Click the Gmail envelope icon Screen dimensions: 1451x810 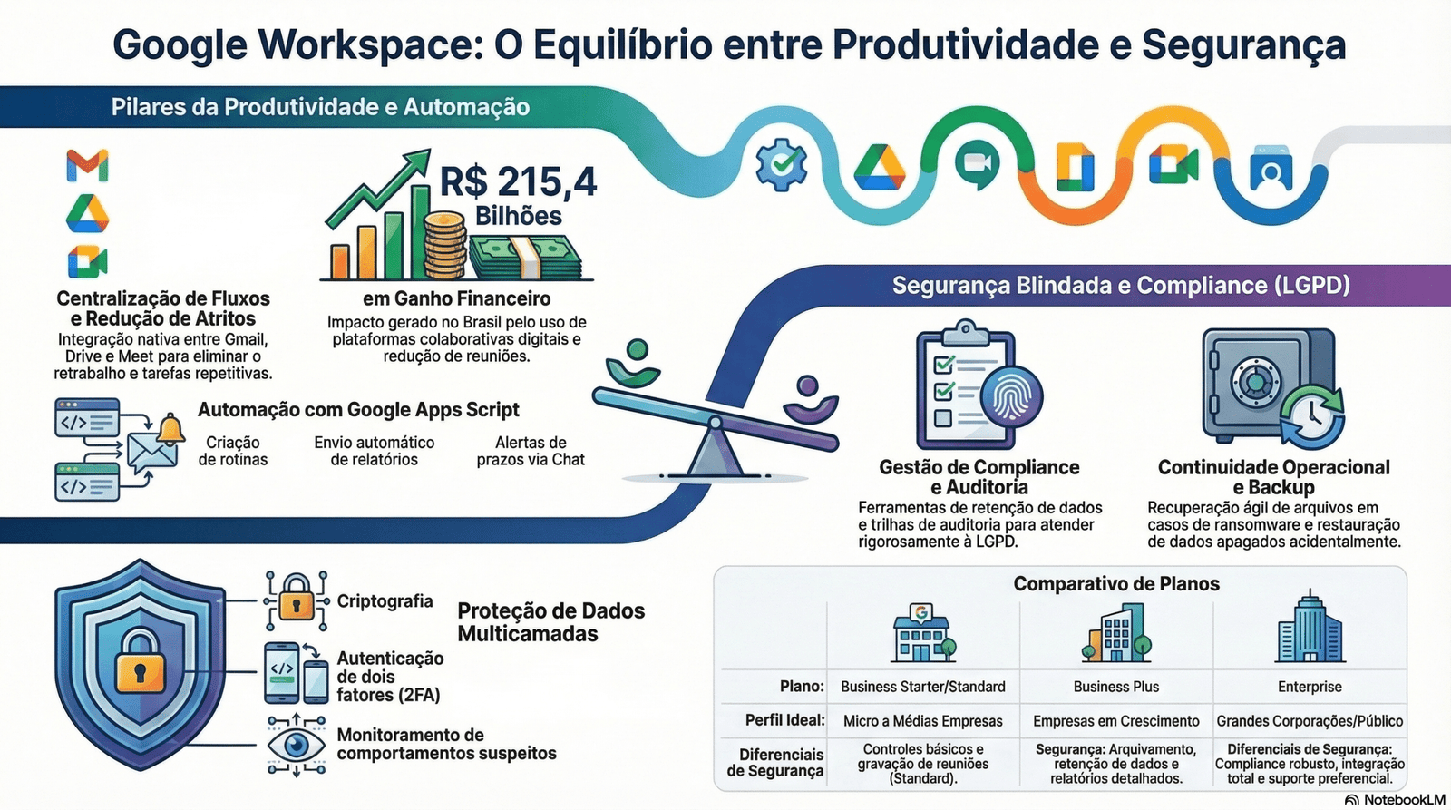(x=87, y=166)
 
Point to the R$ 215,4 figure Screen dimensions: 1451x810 (x=518, y=181)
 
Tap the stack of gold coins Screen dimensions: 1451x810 (x=444, y=246)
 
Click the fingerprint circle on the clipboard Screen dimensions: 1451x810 (x=1011, y=395)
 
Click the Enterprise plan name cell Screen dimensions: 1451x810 (x=1310, y=687)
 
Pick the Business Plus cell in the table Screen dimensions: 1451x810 (x=1116, y=687)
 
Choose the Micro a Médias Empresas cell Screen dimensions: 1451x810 (x=923, y=720)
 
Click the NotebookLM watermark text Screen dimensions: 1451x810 (x=1405, y=800)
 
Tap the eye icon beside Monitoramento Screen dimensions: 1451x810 (x=297, y=745)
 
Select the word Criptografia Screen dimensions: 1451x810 (x=385, y=601)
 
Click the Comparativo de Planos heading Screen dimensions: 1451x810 (x=1116, y=584)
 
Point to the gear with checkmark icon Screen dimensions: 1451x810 (x=782, y=164)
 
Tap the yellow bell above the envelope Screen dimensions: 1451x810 (x=171, y=430)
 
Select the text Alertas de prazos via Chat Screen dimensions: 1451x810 (x=531, y=451)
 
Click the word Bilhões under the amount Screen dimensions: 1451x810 (x=518, y=216)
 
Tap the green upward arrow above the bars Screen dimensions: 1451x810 (x=378, y=188)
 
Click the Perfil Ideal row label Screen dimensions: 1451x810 (x=784, y=720)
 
